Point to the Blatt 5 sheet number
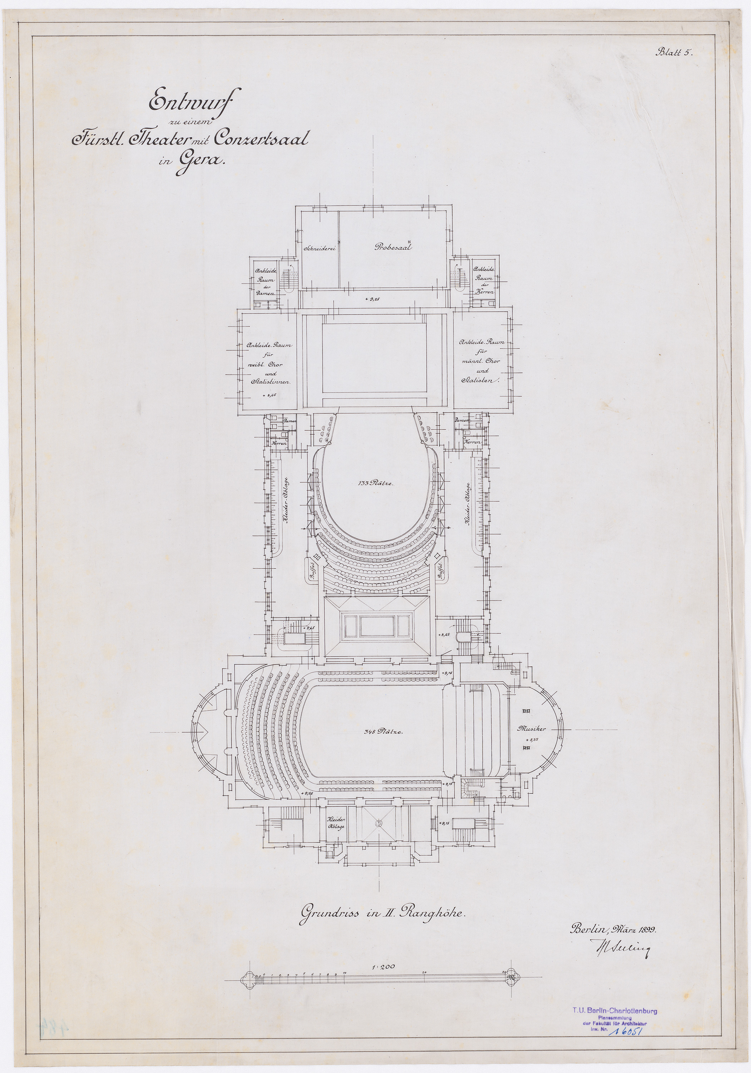[675, 52]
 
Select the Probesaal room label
[393, 247]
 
